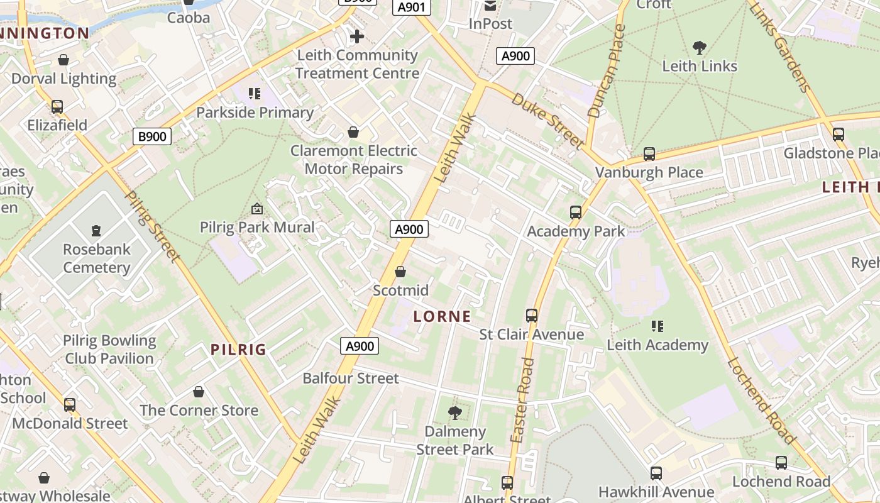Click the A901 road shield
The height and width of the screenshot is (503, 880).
click(412, 8)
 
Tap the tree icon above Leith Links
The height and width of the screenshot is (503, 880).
click(699, 48)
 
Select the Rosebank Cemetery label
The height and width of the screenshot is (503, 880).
click(96, 258)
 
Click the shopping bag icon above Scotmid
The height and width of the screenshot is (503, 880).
click(400, 272)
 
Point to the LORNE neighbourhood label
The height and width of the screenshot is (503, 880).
click(443, 316)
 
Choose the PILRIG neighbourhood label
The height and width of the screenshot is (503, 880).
click(239, 350)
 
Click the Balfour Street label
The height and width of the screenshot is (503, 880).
click(351, 378)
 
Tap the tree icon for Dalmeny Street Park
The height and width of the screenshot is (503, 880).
click(455, 413)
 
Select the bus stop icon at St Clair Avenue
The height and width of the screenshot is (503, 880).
click(532, 316)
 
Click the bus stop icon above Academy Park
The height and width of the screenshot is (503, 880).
click(576, 213)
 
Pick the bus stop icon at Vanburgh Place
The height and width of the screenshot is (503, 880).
click(649, 154)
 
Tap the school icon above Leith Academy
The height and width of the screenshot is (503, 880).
click(657, 326)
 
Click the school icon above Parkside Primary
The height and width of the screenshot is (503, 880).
click(255, 94)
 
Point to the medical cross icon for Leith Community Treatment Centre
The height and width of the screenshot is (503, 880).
click(357, 36)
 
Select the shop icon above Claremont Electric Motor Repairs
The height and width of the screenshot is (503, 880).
click(353, 132)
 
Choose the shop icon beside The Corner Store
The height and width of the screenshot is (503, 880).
click(199, 392)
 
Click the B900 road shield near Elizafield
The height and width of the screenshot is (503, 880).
click(152, 136)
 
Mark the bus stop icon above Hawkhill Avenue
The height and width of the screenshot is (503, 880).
click(656, 473)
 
